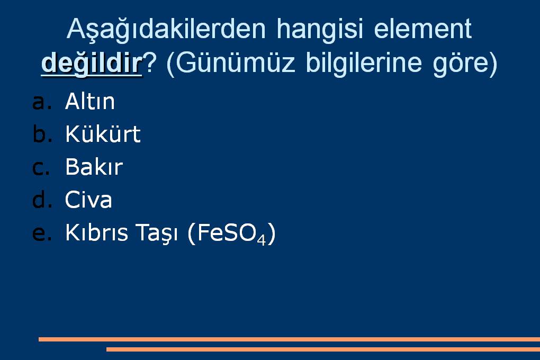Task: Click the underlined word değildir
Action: click(x=92, y=63)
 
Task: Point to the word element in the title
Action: click(x=422, y=29)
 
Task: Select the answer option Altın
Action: click(x=89, y=101)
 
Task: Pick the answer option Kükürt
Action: click(x=103, y=133)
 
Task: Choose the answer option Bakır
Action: click(x=94, y=167)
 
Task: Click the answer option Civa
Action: click(x=88, y=200)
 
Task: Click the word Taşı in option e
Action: click(x=156, y=233)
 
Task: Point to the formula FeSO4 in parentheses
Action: click(x=231, y=233)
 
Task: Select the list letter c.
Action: click(x=41, y=168)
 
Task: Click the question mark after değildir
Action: click(x=150, y=62)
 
